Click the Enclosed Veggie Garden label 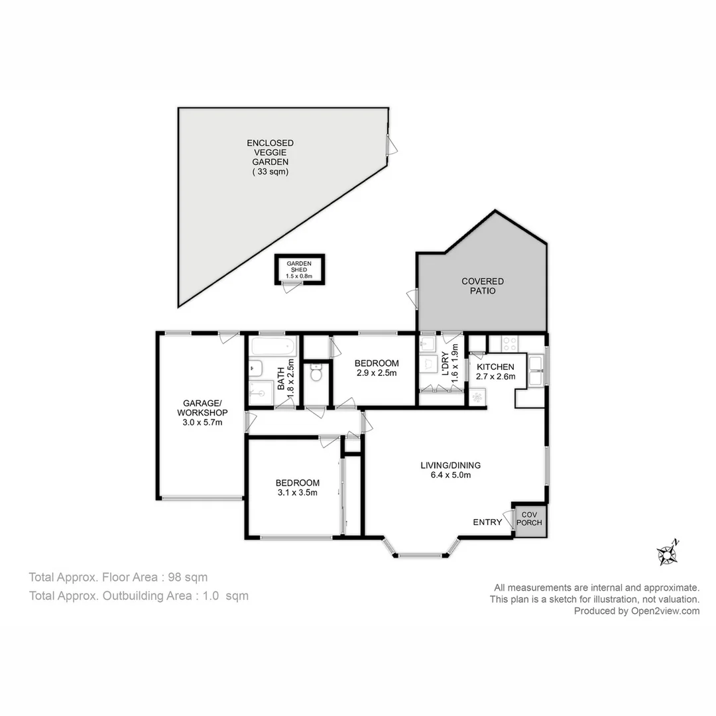[x=270, y=157]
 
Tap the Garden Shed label [x=299, y=267]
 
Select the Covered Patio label [x=483, y=286]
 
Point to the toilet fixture [x=316, y=373]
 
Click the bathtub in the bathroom [x=273, y=347]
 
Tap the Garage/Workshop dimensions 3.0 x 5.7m [x=202, y=422]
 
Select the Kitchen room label [x=495, y=367]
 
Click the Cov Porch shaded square [x=530, y=521]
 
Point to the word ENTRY [x=487, y=522]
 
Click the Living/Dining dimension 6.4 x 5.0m [x=451, y=475]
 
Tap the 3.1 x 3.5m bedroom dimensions [x=297, y=492]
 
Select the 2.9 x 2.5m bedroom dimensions [x=377, y=373]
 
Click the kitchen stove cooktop [x=509, y=343]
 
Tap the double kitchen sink [x=535, y=371]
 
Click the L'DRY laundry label [x=446, y=364]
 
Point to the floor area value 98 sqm [x=188, y=577]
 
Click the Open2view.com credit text [x=666, y=611]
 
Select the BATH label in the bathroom [x=281, y=379]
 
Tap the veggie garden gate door [x=391, y=146]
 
